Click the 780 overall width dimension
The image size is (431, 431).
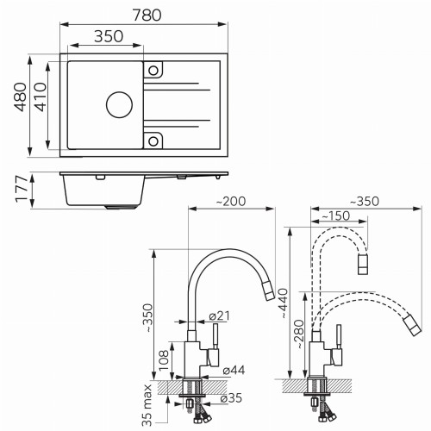tap(147, 16)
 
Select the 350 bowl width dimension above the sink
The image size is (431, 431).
tap(109, 36)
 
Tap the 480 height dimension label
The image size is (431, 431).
tap(21, 97)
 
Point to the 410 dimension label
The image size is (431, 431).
tap(40, 97)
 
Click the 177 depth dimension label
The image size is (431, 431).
tap(22, 189)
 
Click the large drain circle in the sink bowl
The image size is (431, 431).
tap(119, 105)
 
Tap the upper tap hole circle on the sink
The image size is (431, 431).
tap(153, 70)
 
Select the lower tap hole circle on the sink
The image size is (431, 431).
tap(153, 141)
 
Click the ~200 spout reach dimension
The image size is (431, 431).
tap(231, 201)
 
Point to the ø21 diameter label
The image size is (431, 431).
tap(220, 315)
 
